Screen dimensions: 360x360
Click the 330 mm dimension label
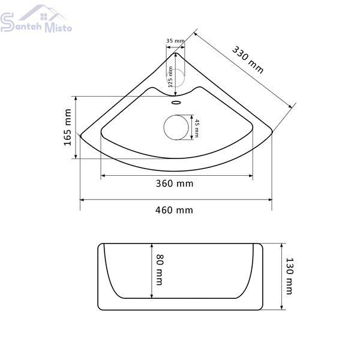coord(248,59)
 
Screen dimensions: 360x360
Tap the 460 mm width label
coord(174,210)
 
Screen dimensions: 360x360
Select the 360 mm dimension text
coord(175,184)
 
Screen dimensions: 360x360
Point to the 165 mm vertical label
coord(67,127)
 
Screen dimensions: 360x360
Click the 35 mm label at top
coord(175,41)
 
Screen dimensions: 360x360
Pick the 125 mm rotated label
coord(170,77)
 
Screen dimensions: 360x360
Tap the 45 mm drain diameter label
coord(197,128)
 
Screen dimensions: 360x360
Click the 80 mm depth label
coord(160,269)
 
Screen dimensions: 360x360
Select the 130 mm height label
coord(290,276)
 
